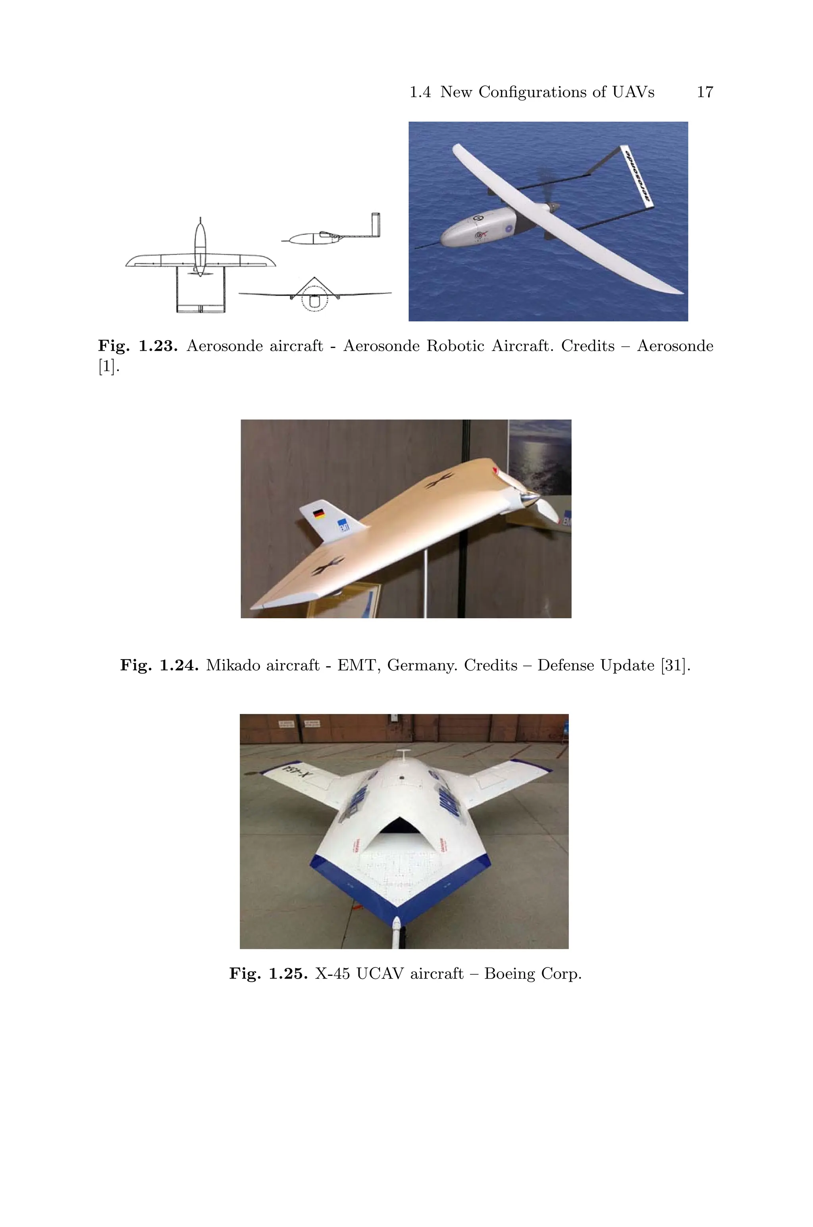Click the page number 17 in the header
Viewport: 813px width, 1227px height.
coord(705,92)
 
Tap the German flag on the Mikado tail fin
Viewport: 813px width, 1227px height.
coord(319,514)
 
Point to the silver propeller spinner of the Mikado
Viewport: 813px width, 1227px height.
coord(530,499)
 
